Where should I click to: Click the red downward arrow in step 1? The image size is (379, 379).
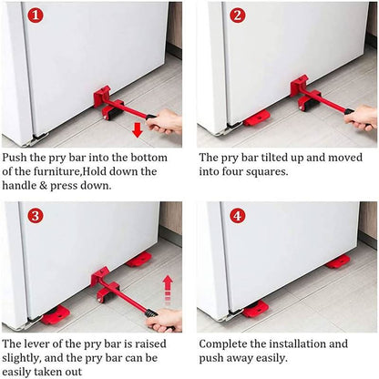pos(137,130)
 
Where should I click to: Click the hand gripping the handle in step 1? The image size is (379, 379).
pos(166,121)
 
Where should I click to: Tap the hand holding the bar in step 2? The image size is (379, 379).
pos(362,117)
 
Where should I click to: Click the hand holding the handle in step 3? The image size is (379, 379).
pos(165,318)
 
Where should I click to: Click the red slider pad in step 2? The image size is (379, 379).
pos(256,118)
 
